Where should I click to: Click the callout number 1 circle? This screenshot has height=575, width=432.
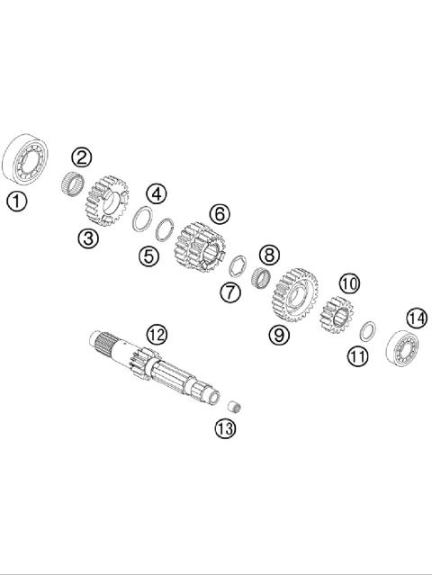click(x=16, y=201)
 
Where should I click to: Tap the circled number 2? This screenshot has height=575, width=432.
click(x=82, y=157)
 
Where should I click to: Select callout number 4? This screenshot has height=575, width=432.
click(x=157, y=193)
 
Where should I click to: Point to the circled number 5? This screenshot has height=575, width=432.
click(x=148, y=256)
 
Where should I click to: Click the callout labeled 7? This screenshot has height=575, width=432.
click(x=230, y=292)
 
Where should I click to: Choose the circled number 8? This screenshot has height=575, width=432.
click(x=267, y=256)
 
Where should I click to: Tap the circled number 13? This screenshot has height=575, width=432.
click(x=224, y=428)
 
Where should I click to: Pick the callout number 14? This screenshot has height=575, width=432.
click(x=416, y=319)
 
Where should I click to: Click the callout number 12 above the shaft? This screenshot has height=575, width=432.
click(x=157, y=335)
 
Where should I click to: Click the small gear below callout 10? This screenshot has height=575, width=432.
click(x=337, y=314)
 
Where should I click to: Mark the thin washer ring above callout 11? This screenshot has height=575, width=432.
click(x=366, y=329)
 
